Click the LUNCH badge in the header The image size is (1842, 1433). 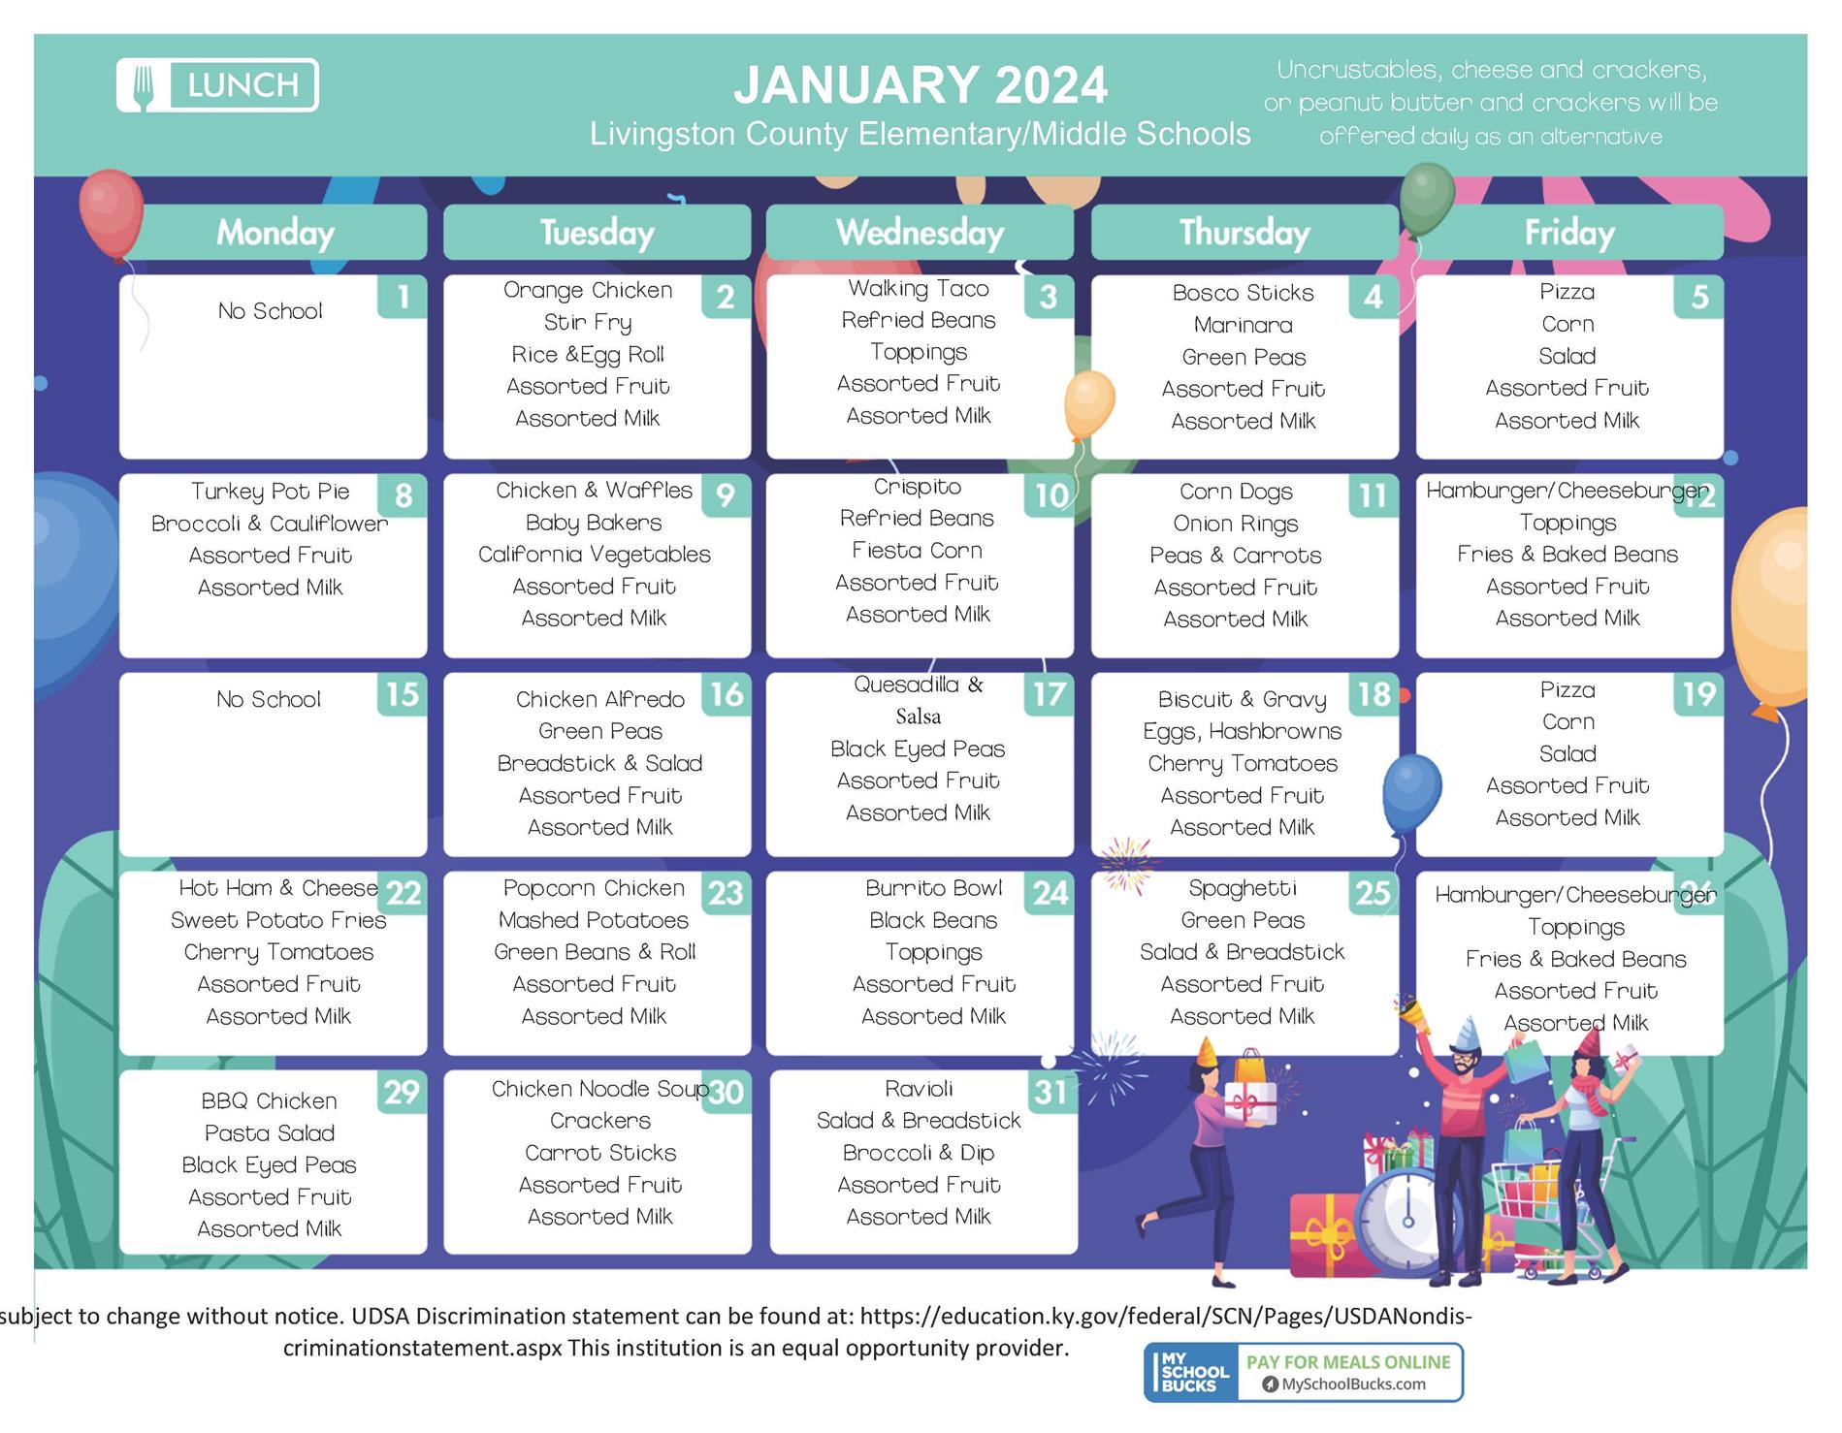pyautogui.click(x=217, y=85)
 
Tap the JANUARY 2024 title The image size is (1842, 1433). pyautogui.click(x=920, y=84)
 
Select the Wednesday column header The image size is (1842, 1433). pyautogui.click(x=920, y=233)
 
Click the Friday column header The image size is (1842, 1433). pyautogui.click(x=1569, y=233)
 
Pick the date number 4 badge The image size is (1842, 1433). pyautogui.click(x=1373, y=297)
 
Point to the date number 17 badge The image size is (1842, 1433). pyautogui.click(x=1050, y=694)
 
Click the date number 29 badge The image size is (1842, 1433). pyautogui.click(x=402, y=1092)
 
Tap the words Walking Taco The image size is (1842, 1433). pyautogui.click(x=919, y=288)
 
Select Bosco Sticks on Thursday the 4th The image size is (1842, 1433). pyautogui.click(x=1243, y=293)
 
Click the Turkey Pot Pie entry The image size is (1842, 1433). pyautogui.click(x=270, y=491)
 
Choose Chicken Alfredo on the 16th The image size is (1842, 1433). pyautogui.click(x=599, y=699)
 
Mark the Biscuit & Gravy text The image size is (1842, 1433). pyautogui.click(x=1242, y=699)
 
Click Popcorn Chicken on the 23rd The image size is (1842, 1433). pyautogui.click(x=594, y=888)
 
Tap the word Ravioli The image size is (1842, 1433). pyautogui.click(x=919, y=1088)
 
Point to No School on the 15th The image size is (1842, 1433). pyautogui.click(x=269, y=699)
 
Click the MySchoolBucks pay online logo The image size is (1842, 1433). pyautogui.click(x=1303, y=1372)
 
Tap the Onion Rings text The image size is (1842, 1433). pyautogui.click(x=1235, y=524)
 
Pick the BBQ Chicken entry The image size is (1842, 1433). pyautogui.click(x=269, y=1101)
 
